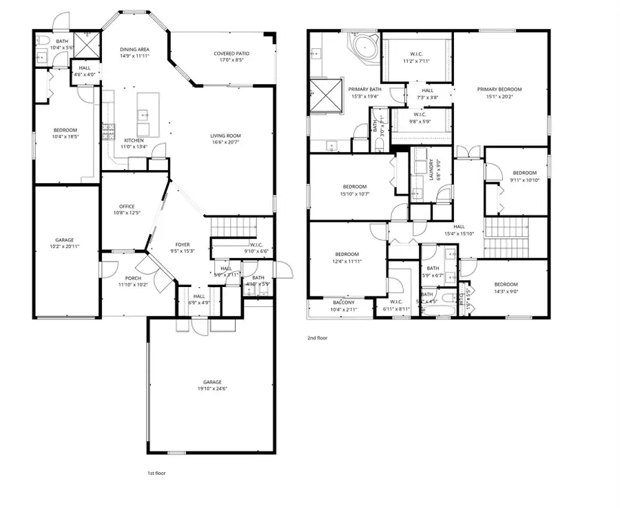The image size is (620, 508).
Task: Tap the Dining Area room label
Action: pyautogui.click(x=134, y=50)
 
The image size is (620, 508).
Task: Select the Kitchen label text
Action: pyautogui.click(x=134, y=140)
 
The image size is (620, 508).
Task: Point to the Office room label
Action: pyautogui.click(x=126, y=206)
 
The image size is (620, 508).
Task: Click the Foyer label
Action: pyautogui.click(x=182, y=244)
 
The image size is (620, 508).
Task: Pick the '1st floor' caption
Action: pyautogui.click(x=156, y=473)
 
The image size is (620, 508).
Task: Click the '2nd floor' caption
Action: pyautogui.click(x=317, y=338)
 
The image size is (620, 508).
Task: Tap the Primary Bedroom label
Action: pyautogui.click(x=499, y=89)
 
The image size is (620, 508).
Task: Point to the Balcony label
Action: pyautogui.click(x=343, y=303)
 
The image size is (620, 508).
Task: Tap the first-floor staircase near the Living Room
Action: pyautogui.click(x=232, y=225)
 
